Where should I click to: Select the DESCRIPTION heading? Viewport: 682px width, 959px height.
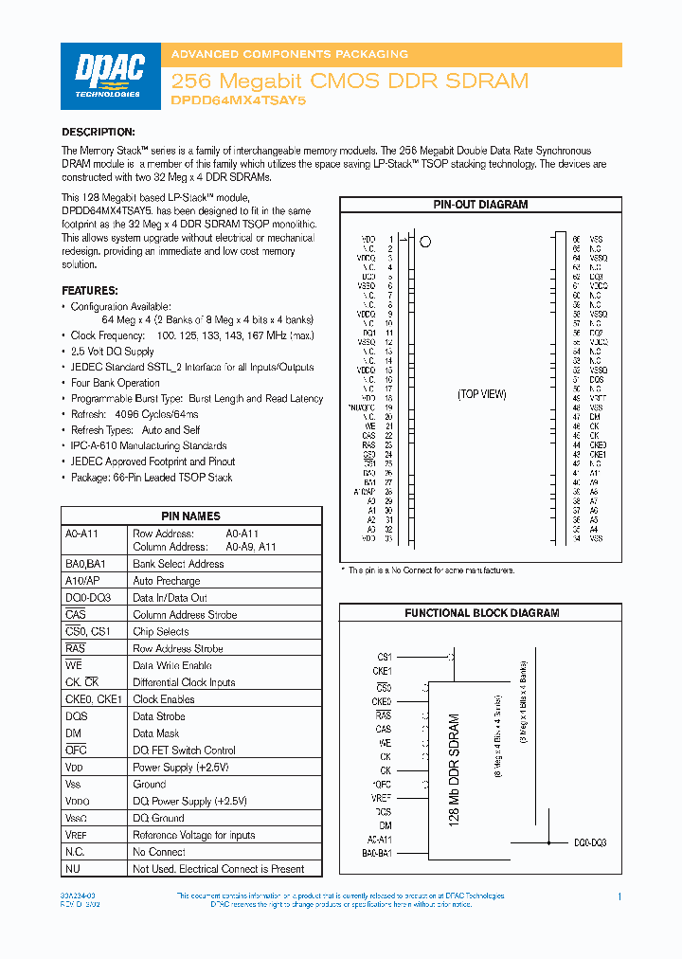click(99, 132)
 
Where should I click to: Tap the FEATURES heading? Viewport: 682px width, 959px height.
click(90, 290)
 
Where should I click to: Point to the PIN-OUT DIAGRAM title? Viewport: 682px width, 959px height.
click(480, 205)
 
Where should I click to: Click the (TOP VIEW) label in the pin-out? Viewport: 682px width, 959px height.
click(482, 394)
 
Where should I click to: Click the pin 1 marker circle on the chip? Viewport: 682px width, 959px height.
click(425, 242)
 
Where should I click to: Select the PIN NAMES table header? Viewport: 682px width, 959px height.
click(190, 516)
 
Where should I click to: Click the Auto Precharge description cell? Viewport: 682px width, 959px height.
click(167, 581)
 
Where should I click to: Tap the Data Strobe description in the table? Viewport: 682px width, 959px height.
click(159, 716)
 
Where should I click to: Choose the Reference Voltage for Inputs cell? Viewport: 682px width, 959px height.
click(194, 835)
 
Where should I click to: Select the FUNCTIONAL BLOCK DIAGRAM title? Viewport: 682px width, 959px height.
click(481, 613)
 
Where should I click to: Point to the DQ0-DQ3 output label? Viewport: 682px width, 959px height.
click(590, 842)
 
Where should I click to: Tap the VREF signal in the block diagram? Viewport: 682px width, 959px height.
click(382, 798)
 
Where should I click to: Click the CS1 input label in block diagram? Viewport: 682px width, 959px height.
click(385, 656)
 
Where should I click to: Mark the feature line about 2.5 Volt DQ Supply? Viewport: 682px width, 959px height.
click(112, 352)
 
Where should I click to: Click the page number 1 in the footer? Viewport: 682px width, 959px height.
click(619, 896)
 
